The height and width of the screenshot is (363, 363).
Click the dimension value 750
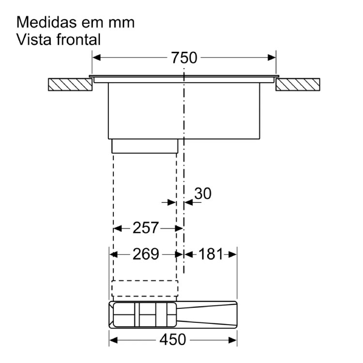(184, 58)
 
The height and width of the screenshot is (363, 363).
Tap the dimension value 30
(203, 194)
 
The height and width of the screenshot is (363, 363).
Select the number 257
(146, 228)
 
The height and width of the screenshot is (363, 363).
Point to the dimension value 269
(146, 254)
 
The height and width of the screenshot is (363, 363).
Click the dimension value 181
(211, 254)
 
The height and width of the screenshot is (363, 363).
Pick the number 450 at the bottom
(173, 340)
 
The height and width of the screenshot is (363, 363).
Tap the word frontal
(78, 39)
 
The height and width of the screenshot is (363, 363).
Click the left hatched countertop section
(70, 85)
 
